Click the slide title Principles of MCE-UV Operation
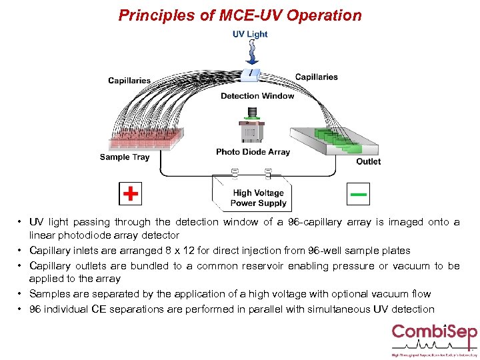240,15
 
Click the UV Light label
250,34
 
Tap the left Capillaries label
129,81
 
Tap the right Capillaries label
316,77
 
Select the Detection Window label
257,96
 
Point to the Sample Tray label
125,157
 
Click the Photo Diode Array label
253,152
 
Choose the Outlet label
368,161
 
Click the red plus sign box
131,194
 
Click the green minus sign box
359,194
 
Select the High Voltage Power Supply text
258,198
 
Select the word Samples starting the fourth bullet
49,294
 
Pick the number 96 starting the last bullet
35,309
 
